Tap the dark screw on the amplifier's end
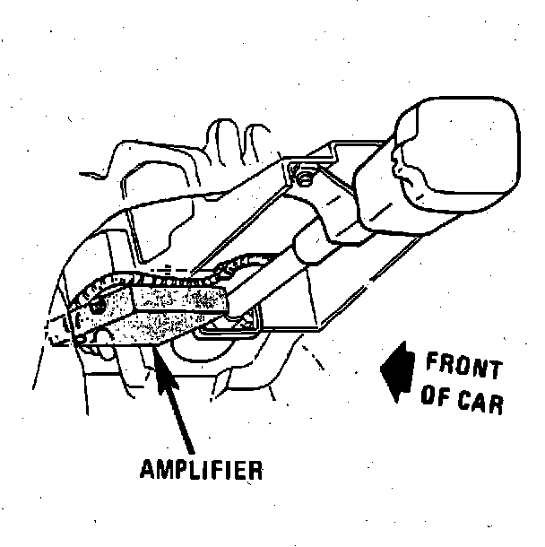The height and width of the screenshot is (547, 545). coord(95,308)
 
